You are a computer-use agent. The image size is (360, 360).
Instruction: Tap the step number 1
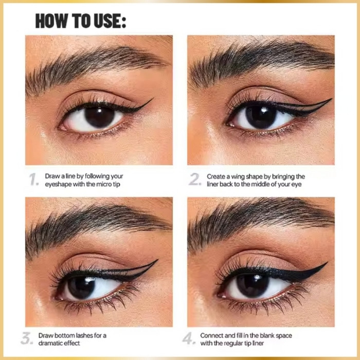pyautogui.click(x=34, y=179)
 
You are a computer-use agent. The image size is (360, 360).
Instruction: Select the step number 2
pyautogui.click(x=195, y=179)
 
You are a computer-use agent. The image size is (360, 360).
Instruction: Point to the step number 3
pyautogui.click(x=27, y=338)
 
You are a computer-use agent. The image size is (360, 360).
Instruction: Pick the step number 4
pyautogui.click(x=189, y=338)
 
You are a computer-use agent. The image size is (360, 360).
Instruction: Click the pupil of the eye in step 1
pyautogui.click(x=99, y=117)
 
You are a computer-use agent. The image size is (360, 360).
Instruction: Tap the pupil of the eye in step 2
pyautogui.click(x=261, y=117)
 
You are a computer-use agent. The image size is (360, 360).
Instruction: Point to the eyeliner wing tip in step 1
pyautogui.click(x=153, y=99)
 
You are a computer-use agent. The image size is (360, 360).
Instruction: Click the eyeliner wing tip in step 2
pyautogui.click(x=332, y=99)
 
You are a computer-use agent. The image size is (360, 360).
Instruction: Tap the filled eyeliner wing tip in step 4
pyautogui.click(x=327, y=262)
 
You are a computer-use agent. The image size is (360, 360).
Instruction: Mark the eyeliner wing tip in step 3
pyautogui.click(x=158, y=260)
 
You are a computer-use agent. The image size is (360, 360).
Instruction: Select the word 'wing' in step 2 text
pyautogui.click(x=238, y=177)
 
